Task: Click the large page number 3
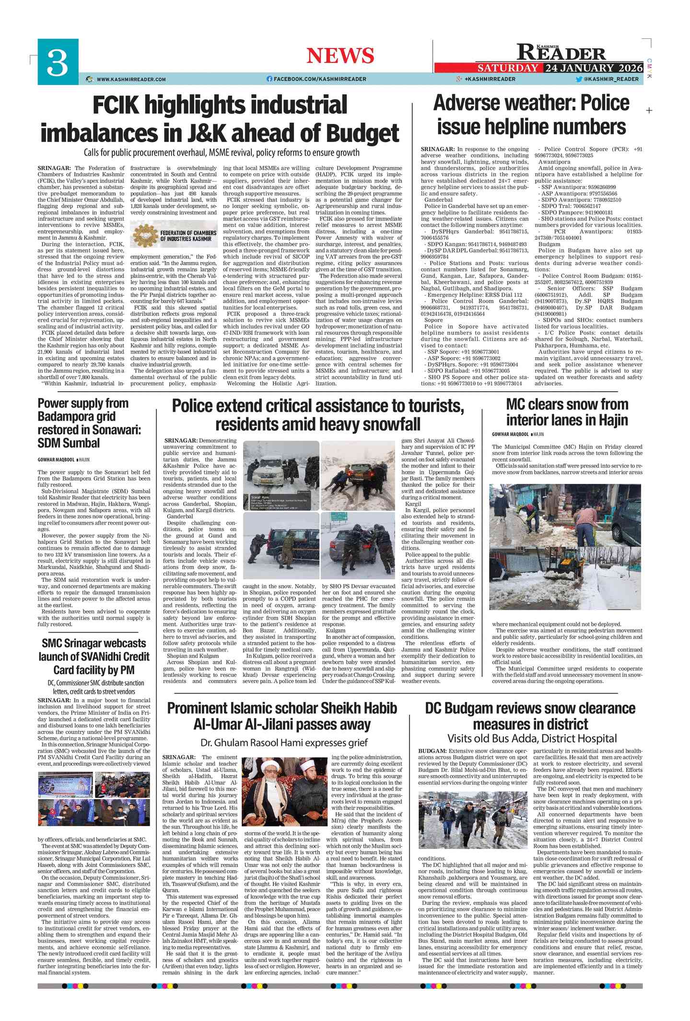pos(58,62)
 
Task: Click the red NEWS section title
pos(340,56)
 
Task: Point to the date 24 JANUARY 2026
pos(593,68)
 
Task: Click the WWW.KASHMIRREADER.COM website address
pos(131,79)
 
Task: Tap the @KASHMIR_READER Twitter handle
pos(611,79)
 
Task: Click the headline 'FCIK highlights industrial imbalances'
pos(220,119)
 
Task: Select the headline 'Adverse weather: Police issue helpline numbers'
pos(531,115)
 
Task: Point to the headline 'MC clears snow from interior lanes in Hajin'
pos(567,412)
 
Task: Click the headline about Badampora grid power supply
pos(90,423)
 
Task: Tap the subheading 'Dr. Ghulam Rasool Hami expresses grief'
pos(284,743)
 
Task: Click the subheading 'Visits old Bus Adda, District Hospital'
pos(532,738)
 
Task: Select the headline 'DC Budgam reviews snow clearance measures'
pos(530,716)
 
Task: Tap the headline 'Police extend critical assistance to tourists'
pos(318,415)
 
